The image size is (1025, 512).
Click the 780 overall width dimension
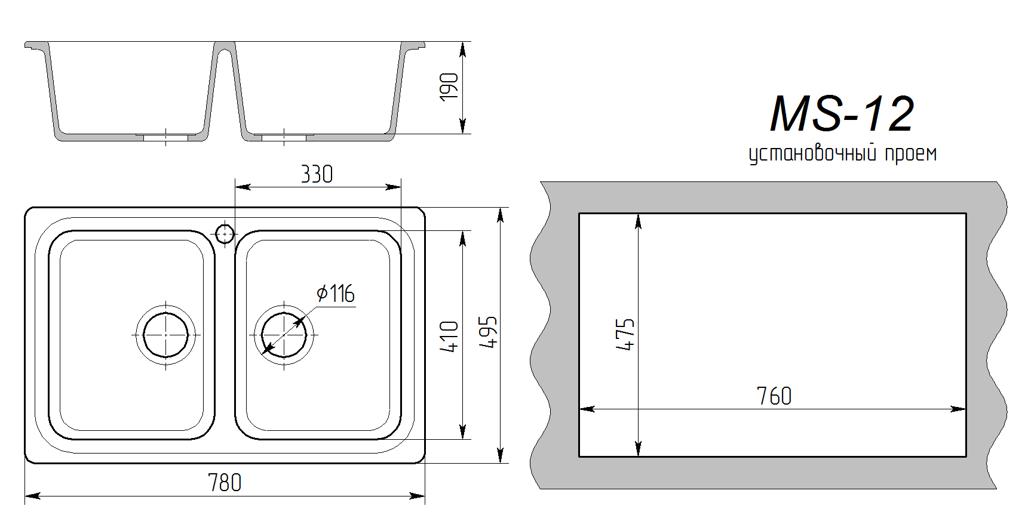point(225,483)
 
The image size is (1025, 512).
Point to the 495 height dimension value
point(489,332)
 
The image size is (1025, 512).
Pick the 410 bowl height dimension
point(449,337)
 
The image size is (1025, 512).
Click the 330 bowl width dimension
point(317,174)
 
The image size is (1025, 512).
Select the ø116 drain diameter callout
point(336,294)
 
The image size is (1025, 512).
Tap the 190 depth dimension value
point(449,87)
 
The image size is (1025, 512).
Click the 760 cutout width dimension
point(774,396)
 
